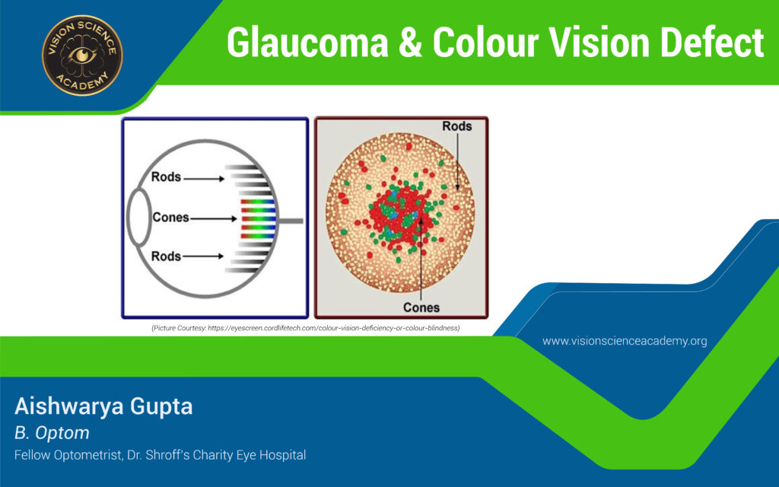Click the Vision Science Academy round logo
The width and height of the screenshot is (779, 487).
82,55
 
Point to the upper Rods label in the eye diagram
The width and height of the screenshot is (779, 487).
166,177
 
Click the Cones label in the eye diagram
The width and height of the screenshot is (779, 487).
170,218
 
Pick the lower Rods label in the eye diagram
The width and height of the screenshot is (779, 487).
166,256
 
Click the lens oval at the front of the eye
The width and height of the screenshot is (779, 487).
138,218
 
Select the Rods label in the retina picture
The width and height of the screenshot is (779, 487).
456,126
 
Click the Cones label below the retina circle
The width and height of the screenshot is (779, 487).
421,307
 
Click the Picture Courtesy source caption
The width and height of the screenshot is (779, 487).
306,327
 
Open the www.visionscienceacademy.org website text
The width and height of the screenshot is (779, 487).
625,341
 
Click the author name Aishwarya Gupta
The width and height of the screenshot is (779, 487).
103,406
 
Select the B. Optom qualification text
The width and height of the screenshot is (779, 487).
52,433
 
